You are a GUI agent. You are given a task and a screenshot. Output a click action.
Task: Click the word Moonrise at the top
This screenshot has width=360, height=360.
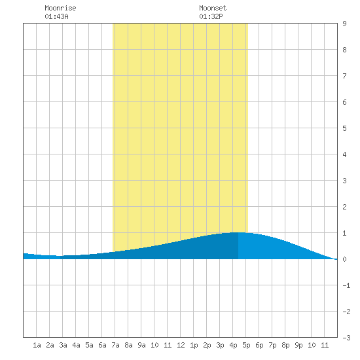[x=60, y=8]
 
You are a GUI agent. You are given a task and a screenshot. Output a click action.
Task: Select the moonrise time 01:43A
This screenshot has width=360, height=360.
[x=56, y=16]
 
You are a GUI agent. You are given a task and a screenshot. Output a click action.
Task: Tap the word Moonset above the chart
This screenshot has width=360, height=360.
[x=213, y=8]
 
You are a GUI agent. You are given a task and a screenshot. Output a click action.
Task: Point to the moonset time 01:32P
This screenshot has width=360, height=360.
[x=211, y=16]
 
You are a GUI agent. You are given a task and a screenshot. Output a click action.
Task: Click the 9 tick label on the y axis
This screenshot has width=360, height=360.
[x=344, y=24]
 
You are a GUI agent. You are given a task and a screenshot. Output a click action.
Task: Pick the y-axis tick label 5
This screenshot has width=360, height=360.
[x=344, y=128]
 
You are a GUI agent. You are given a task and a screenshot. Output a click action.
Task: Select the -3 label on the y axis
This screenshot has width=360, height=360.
[x=346, y=338]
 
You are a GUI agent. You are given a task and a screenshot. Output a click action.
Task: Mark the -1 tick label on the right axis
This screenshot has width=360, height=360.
[x=346, y=285]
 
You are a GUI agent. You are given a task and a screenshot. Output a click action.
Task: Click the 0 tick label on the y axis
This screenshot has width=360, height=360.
[x=344, y=259]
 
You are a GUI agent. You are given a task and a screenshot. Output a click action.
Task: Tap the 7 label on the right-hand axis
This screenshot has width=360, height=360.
[x=344, y=76]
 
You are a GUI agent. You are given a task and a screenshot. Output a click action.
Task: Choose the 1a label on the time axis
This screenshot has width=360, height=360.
[x=37, y=345]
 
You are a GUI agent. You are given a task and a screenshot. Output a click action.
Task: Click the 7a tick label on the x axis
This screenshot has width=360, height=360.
[x=115, y=345]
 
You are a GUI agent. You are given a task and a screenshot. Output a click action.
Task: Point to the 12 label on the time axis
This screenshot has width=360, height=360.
[x=181, y=345]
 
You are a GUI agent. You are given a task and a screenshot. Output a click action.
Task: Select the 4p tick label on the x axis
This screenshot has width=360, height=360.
[x=233, y=345]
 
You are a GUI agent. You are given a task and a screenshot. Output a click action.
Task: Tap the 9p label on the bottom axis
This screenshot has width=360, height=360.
[x=298, y=345]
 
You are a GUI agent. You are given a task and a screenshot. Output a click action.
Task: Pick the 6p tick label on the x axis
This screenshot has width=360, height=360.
[x=259, y=345]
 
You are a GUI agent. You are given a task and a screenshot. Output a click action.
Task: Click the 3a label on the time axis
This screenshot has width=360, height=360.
[x=63, y=345]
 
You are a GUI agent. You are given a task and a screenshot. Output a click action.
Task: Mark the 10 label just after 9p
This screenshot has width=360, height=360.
[x=312, y=345]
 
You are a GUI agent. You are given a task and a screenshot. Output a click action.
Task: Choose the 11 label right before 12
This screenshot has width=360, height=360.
[x=168, y=345]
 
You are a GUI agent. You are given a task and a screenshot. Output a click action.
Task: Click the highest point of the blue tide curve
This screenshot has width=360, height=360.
[x=238, y=232]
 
